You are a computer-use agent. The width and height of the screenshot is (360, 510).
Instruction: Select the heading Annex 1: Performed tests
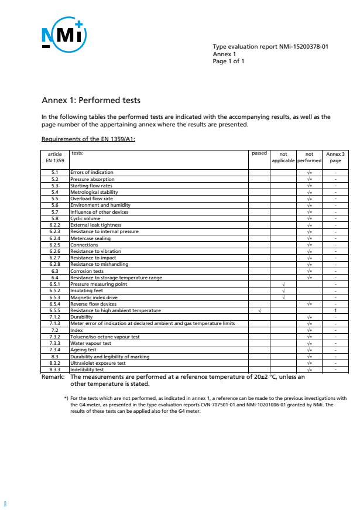pyautogui.click(x=91, y=100)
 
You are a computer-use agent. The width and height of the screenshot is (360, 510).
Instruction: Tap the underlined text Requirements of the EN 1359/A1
pyautogui.click(x=88, y=139)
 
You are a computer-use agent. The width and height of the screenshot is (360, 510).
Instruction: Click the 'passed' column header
pyautogui.click(x=259, y=153)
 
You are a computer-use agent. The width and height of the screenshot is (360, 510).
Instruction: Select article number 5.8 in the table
pyautogui.click(x=54, y=218)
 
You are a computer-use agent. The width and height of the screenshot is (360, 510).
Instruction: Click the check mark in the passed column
pyautogui.click(x=259, y=310)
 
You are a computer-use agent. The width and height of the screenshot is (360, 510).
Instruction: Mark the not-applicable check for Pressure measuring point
pyautogui.click(x=283, y=284)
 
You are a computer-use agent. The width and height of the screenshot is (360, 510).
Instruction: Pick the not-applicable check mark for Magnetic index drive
pyautogui.click(x=283, y=297)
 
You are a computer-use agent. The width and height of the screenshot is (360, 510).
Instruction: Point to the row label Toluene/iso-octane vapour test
pyautogui.click(x=105, y=337)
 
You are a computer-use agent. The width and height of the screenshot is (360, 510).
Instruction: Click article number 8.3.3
pyautogui.click(x=54, y=369)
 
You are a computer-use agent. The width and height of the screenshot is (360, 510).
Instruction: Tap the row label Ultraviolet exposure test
pyautogui.click(x=98, y=363)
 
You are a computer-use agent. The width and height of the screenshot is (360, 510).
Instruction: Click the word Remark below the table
pyautogui.click(x=54, y=377)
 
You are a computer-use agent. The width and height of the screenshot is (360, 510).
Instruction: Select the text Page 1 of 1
pyautogui.click(x=228, y=60)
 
